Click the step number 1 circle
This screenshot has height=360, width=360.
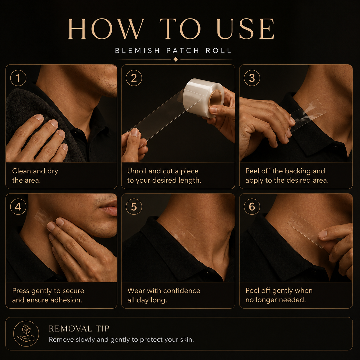pyautogui.click(x=18, y=78)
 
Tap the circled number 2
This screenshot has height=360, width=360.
pyautogui.click(x=134, y=78)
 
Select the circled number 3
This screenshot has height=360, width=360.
pyautogui.click(x=252, y=78)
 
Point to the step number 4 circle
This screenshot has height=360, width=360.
pyautogui.click(x=18, y=207)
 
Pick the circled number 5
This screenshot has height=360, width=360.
pyautogui.click(x=134, y=207)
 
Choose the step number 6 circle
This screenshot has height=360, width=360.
pyautogui.click(x=252, y=207)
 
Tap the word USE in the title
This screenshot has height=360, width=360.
pyautogui.click(x=245, y=29)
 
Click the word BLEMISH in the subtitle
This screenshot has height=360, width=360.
pyautogui.click(x=137, y=51)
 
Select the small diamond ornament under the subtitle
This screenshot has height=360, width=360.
pyautogui.click(x=175, y=59)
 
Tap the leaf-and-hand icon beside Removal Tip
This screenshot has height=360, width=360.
pyautogui.click(x=26, y=334)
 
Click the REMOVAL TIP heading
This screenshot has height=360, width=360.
pyautogui.click(x=79, y=329)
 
